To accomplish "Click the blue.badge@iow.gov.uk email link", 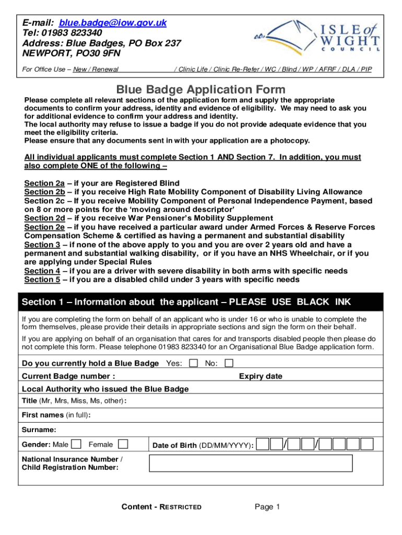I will point(113,23).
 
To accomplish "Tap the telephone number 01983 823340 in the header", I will point(73,33).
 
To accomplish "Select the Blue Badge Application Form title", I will point(200,89).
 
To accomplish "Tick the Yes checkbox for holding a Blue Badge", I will point(194,363).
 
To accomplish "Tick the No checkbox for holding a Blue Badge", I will point(229,363).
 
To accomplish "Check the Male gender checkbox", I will point(77,445).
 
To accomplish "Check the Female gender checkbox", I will point(123,445).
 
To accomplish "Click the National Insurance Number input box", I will point(251,463).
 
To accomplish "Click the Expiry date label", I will point(261,376).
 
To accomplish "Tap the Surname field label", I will point(39,430).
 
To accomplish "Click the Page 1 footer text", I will point(268,507).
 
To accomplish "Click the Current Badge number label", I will point(68,376).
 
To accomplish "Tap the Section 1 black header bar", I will point(200,302).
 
